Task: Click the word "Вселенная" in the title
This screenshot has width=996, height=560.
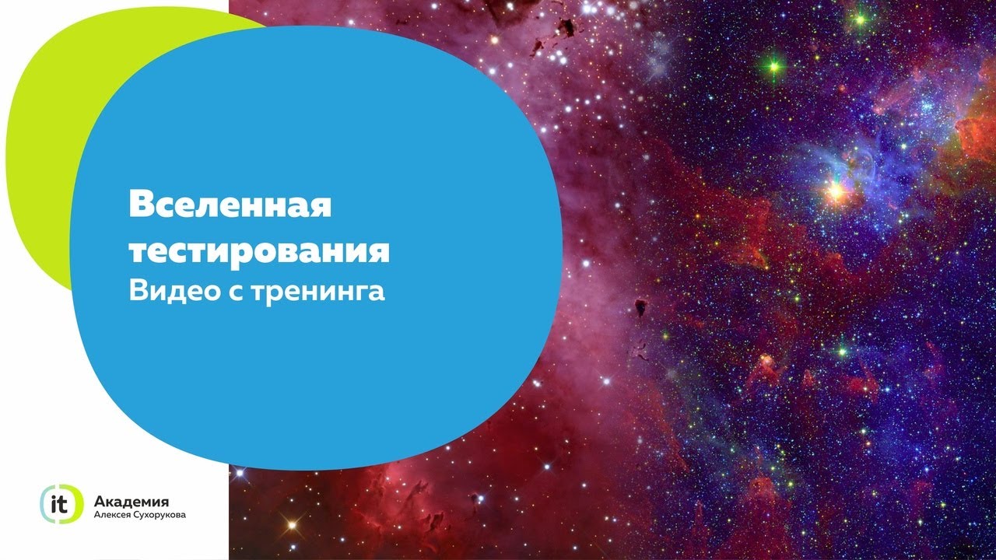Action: tap(230, 204)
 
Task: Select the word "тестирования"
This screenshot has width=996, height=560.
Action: tap(259, 253)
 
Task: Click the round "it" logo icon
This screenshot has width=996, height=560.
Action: tap(61, 503)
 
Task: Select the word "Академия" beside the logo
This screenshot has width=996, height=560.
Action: tap(132, 502)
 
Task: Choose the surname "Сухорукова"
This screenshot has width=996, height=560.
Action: tap(163, 516)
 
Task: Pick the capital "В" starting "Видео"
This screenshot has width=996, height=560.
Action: tap(139, 291)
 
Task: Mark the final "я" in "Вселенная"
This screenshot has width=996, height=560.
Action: tap(321, 207)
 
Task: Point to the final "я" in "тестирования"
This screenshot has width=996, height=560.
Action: tap(379, 253)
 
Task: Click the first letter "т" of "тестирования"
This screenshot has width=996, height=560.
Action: tap(139, 253)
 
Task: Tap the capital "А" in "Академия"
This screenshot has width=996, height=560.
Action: tap(100, 502)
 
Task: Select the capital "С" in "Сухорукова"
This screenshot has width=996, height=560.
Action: tap(143, 515)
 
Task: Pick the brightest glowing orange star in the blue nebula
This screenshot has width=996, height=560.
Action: tap(836, 191)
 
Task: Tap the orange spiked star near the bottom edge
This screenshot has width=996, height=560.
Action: tap(292, 525)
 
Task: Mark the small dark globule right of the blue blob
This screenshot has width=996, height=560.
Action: tap(640, 306)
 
